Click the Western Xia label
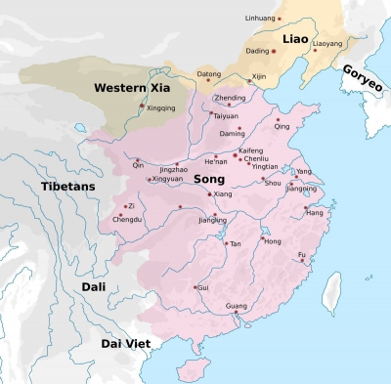click(x=126, y=88)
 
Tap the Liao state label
click(x=295, y=38)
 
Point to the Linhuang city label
click(x=261, y=19)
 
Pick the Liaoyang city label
click(x=327, y=43)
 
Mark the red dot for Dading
click(x=274, y=50)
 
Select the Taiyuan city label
click(x=226, y=115)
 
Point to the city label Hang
click(x=315, y=212)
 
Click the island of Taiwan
click(x=334, y=288)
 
